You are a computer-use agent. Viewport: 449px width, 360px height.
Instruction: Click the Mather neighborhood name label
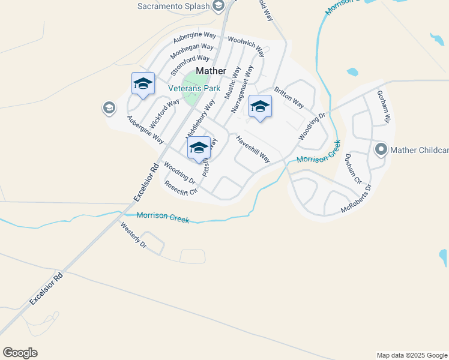click(x=211, y=71)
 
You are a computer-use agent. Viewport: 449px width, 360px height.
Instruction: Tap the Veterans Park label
click(x=194, y=88)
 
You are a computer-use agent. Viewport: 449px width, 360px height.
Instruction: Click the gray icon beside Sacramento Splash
click(x=218, y=7)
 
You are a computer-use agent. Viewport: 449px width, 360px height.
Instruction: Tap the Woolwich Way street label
click(x=246, y=46)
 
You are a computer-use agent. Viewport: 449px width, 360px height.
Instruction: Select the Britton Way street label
click(x=289, y=98)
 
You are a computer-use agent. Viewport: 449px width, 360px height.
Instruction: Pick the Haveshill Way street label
click(x=253, y=148)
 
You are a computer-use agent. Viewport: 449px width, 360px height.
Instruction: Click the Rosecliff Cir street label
click(x=181, y=188)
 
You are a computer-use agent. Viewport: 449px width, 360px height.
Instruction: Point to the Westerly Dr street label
click(x=133, y=236)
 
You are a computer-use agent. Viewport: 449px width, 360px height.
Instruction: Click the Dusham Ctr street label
click(x=353, y=169)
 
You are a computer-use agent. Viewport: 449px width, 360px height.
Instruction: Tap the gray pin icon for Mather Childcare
click(x=381, y=149)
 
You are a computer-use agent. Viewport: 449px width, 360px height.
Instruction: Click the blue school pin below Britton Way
click(x=259, y=107)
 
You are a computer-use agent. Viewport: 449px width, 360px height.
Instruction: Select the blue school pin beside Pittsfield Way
click(x=199, y=148)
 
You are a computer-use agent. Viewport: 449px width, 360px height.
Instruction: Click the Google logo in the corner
click(x=20, y=353)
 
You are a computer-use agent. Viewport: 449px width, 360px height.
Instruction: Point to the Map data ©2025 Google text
click(x=412, y=355)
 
